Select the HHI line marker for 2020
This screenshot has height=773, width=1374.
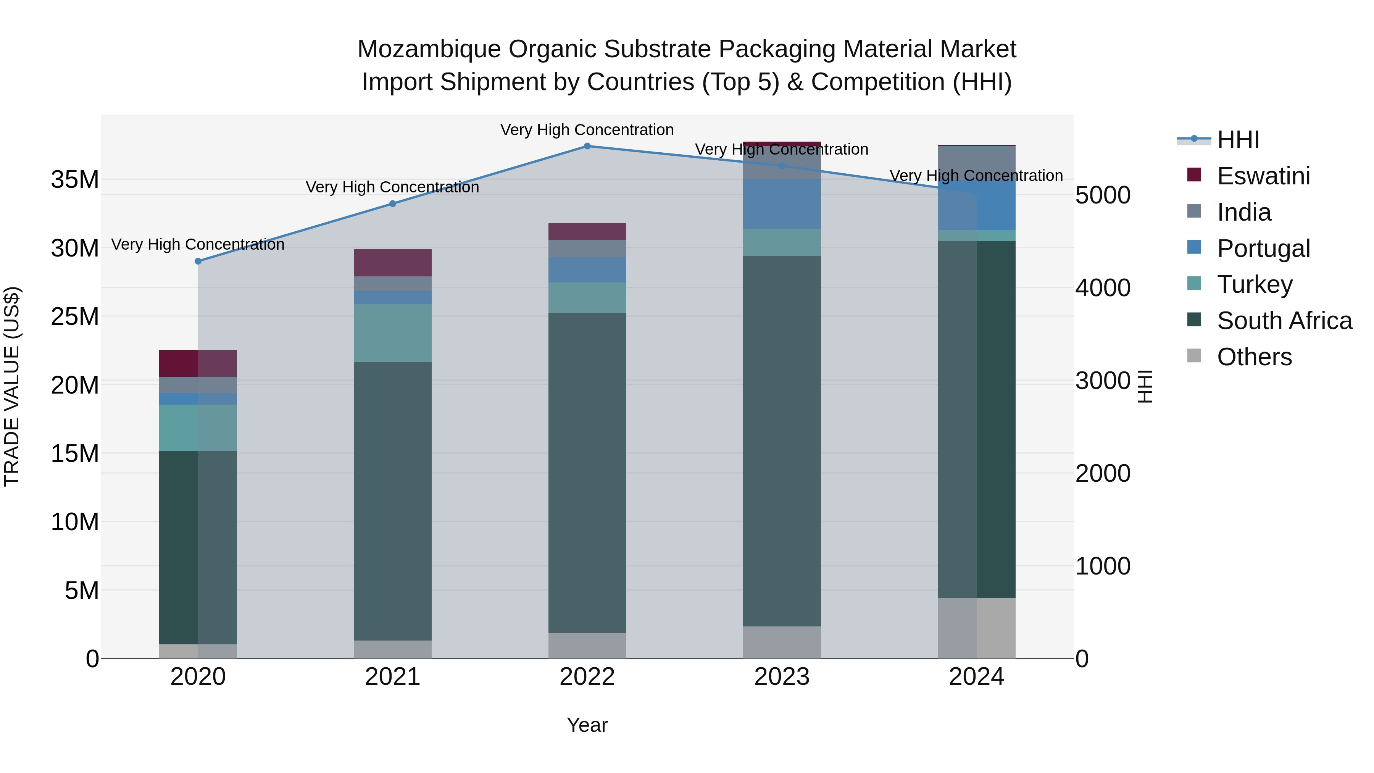click(198, 261)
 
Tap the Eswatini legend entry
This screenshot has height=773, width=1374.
click(1263, 176)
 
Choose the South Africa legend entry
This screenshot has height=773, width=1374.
click(1284, 321)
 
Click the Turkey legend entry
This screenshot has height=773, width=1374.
click(1254, 284)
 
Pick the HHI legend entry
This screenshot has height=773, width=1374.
click(1237, 140)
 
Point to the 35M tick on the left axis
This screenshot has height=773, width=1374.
click(75, 180)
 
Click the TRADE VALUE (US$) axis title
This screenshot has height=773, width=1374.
click(12, 386)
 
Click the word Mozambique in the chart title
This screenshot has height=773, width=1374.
click(429, 49)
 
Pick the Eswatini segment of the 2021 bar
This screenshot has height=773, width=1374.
click(393, 263)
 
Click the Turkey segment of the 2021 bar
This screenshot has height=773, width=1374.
click(393, 333)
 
